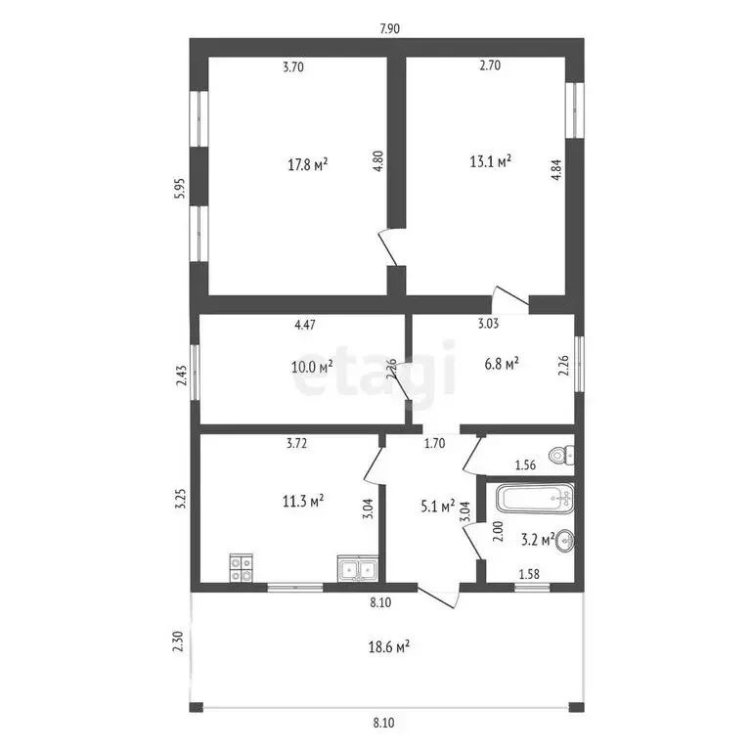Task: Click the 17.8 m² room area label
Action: click(x=307, y=164)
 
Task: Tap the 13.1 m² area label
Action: click(x=492, y=160)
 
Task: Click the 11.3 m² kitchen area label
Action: click(x=303, y=502)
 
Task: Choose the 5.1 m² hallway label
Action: click(x=436, y=506)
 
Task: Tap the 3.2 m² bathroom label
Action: click(x=538, y=538)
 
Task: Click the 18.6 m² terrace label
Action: click(x=388, y=646)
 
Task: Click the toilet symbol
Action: click(x=561, y=456)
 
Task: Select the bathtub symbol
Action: click(x=533, y=499)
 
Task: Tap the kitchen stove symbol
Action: click(x=242, y=568)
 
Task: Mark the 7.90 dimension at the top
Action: click(x=389, y=28)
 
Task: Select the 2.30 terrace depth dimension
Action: click(x=177, y=641)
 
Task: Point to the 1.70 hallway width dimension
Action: click(x=435, y=443)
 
